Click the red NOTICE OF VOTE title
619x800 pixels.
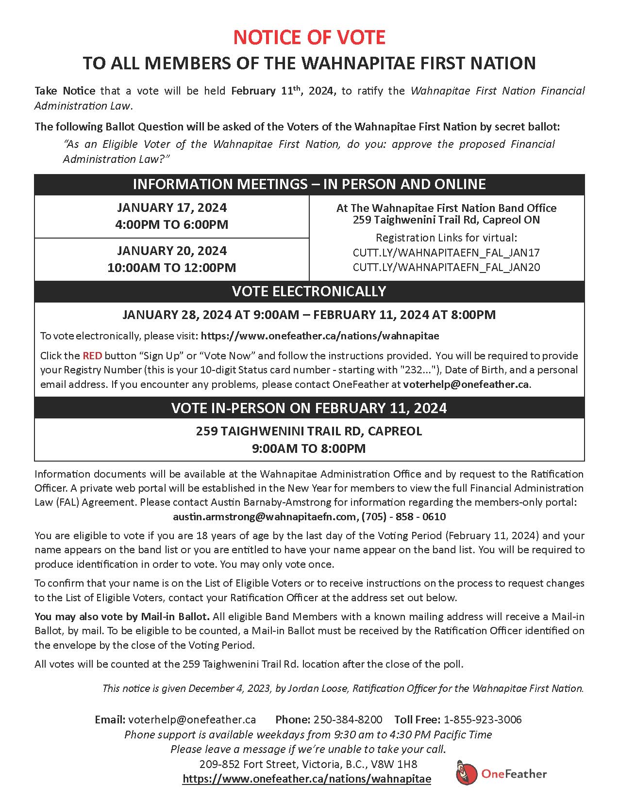[x=309, y=37]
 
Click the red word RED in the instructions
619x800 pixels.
[x=92, y=355]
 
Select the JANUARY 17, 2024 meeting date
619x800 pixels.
[x=172, y=208]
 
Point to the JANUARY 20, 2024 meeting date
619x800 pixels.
[x=172, y=251]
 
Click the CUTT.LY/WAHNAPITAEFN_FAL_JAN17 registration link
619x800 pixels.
[x=446, y=253]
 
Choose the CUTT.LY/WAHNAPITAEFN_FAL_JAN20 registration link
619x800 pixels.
[x=446, y=267]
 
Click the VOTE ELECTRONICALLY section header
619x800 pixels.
[x=309, y=291]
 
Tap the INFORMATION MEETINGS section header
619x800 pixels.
[x=309, y=184]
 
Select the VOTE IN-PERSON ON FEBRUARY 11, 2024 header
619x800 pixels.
[x=309, y=408]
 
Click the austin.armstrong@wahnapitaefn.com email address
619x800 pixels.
[x=265, y=516]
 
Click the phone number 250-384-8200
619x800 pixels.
[x=348, y=719]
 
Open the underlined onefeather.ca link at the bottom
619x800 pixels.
[x=307, y=779]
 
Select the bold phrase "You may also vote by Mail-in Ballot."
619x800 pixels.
[x=122, y=617]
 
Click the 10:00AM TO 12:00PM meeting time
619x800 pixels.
[x=172, y=268]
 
